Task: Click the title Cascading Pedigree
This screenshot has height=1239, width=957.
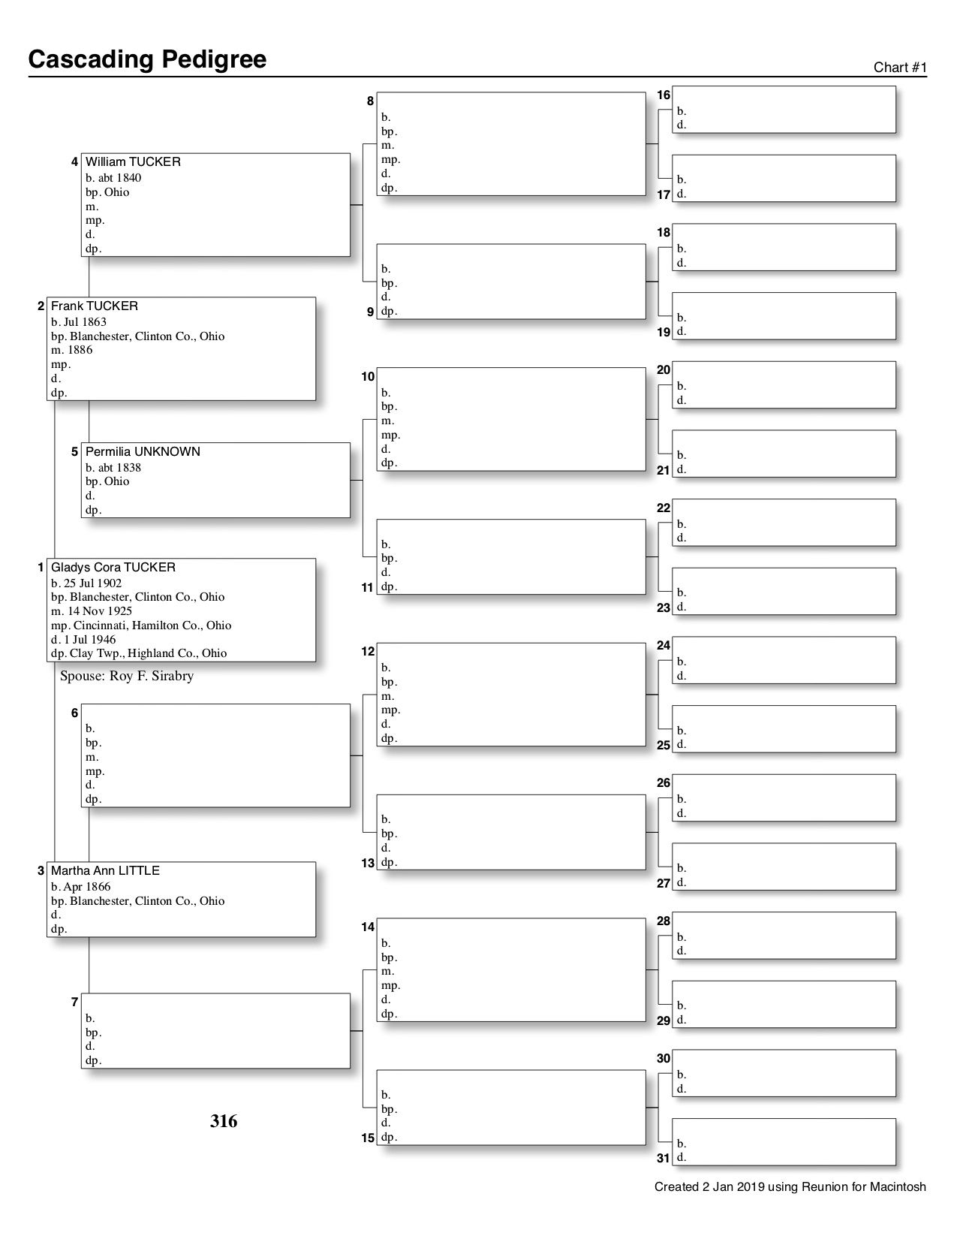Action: point(147,59)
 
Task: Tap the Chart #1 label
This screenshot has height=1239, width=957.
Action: point(900,68)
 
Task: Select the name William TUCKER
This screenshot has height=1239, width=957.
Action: point(133,162)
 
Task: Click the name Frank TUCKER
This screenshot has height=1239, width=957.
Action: point(95,306)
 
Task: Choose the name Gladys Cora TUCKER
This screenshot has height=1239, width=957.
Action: point(113,568)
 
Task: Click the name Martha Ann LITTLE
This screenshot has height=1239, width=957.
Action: point(105,871)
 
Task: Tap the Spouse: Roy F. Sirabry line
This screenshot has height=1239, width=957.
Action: point(127,676)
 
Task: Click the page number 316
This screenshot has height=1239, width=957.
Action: point(224,1121)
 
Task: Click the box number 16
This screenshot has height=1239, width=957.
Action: point(664,95)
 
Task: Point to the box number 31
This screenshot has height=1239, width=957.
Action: point(664,1158)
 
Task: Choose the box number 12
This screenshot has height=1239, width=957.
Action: point(368,652)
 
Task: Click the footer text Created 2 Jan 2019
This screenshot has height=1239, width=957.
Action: point(790,1187)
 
